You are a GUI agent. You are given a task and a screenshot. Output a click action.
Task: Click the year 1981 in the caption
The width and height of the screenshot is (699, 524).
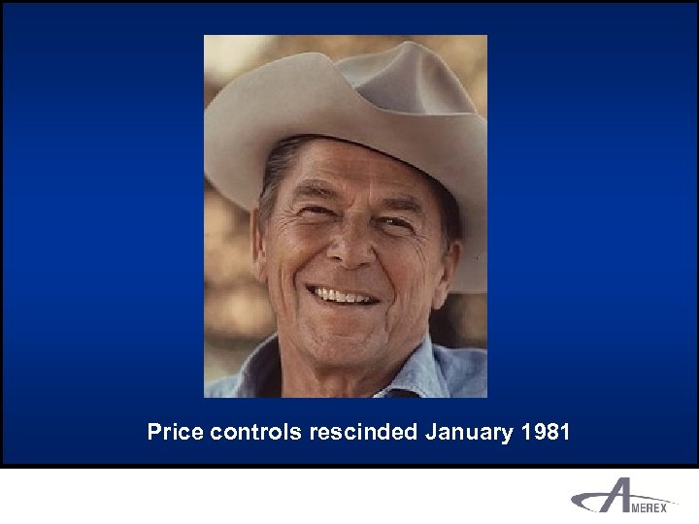(545, 432)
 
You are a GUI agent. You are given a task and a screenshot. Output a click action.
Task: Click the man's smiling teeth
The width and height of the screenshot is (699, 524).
(343, 294)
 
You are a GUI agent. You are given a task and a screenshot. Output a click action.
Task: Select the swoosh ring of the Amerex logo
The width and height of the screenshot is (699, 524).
(586, 503)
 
